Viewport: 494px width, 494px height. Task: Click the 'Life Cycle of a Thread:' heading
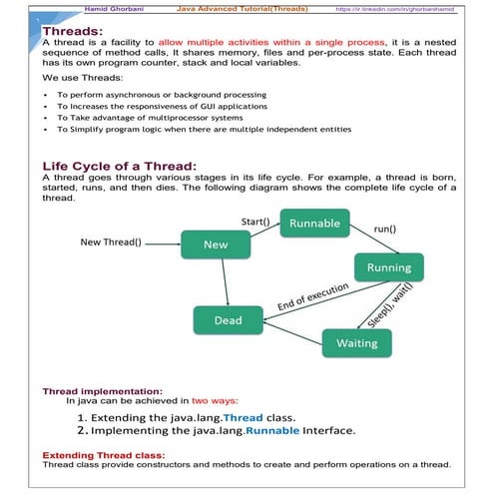pos(120,166)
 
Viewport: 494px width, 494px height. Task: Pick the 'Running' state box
pos(388,267)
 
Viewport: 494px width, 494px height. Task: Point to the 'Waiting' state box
pos(356,342)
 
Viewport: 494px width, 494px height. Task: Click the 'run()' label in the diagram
pos(385,229)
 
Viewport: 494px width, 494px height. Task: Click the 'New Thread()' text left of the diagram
pos(111,242)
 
